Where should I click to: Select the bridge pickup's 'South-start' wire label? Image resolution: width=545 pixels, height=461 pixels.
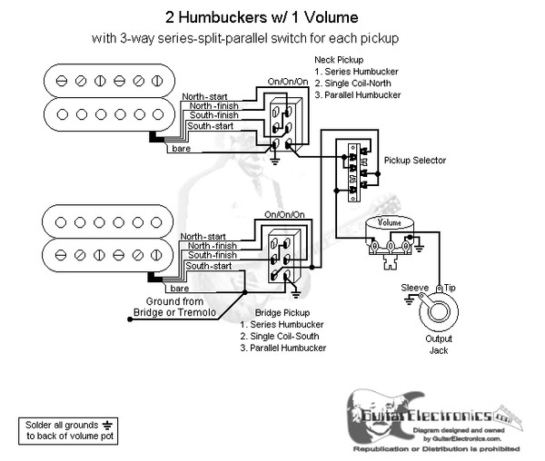pos(208,266)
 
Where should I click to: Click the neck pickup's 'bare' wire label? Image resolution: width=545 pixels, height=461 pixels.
pos(179,148)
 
